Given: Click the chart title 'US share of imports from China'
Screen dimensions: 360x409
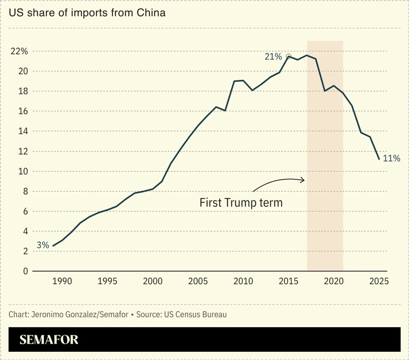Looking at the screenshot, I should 87,13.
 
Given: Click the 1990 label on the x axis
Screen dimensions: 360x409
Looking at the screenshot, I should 62,282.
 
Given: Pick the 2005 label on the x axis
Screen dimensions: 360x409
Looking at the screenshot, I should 198,282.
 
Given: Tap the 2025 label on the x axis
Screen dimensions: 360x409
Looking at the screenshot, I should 379,282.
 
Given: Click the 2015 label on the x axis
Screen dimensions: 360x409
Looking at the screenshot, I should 288,282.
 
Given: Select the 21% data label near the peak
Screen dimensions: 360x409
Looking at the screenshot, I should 273,57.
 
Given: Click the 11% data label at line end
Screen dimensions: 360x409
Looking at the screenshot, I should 391,158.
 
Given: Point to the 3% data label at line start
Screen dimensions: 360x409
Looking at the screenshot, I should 43,245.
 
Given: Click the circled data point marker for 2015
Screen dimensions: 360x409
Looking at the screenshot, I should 289,56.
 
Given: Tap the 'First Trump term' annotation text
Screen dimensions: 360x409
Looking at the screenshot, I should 241,202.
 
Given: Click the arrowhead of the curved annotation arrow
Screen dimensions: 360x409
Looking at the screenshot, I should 303,180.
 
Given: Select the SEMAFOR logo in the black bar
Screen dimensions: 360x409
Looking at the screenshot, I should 49,340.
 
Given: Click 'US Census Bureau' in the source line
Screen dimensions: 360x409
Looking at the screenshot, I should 194,314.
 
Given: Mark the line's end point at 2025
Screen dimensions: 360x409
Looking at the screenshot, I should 379,159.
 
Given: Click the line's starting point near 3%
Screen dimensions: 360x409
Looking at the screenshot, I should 53,246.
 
